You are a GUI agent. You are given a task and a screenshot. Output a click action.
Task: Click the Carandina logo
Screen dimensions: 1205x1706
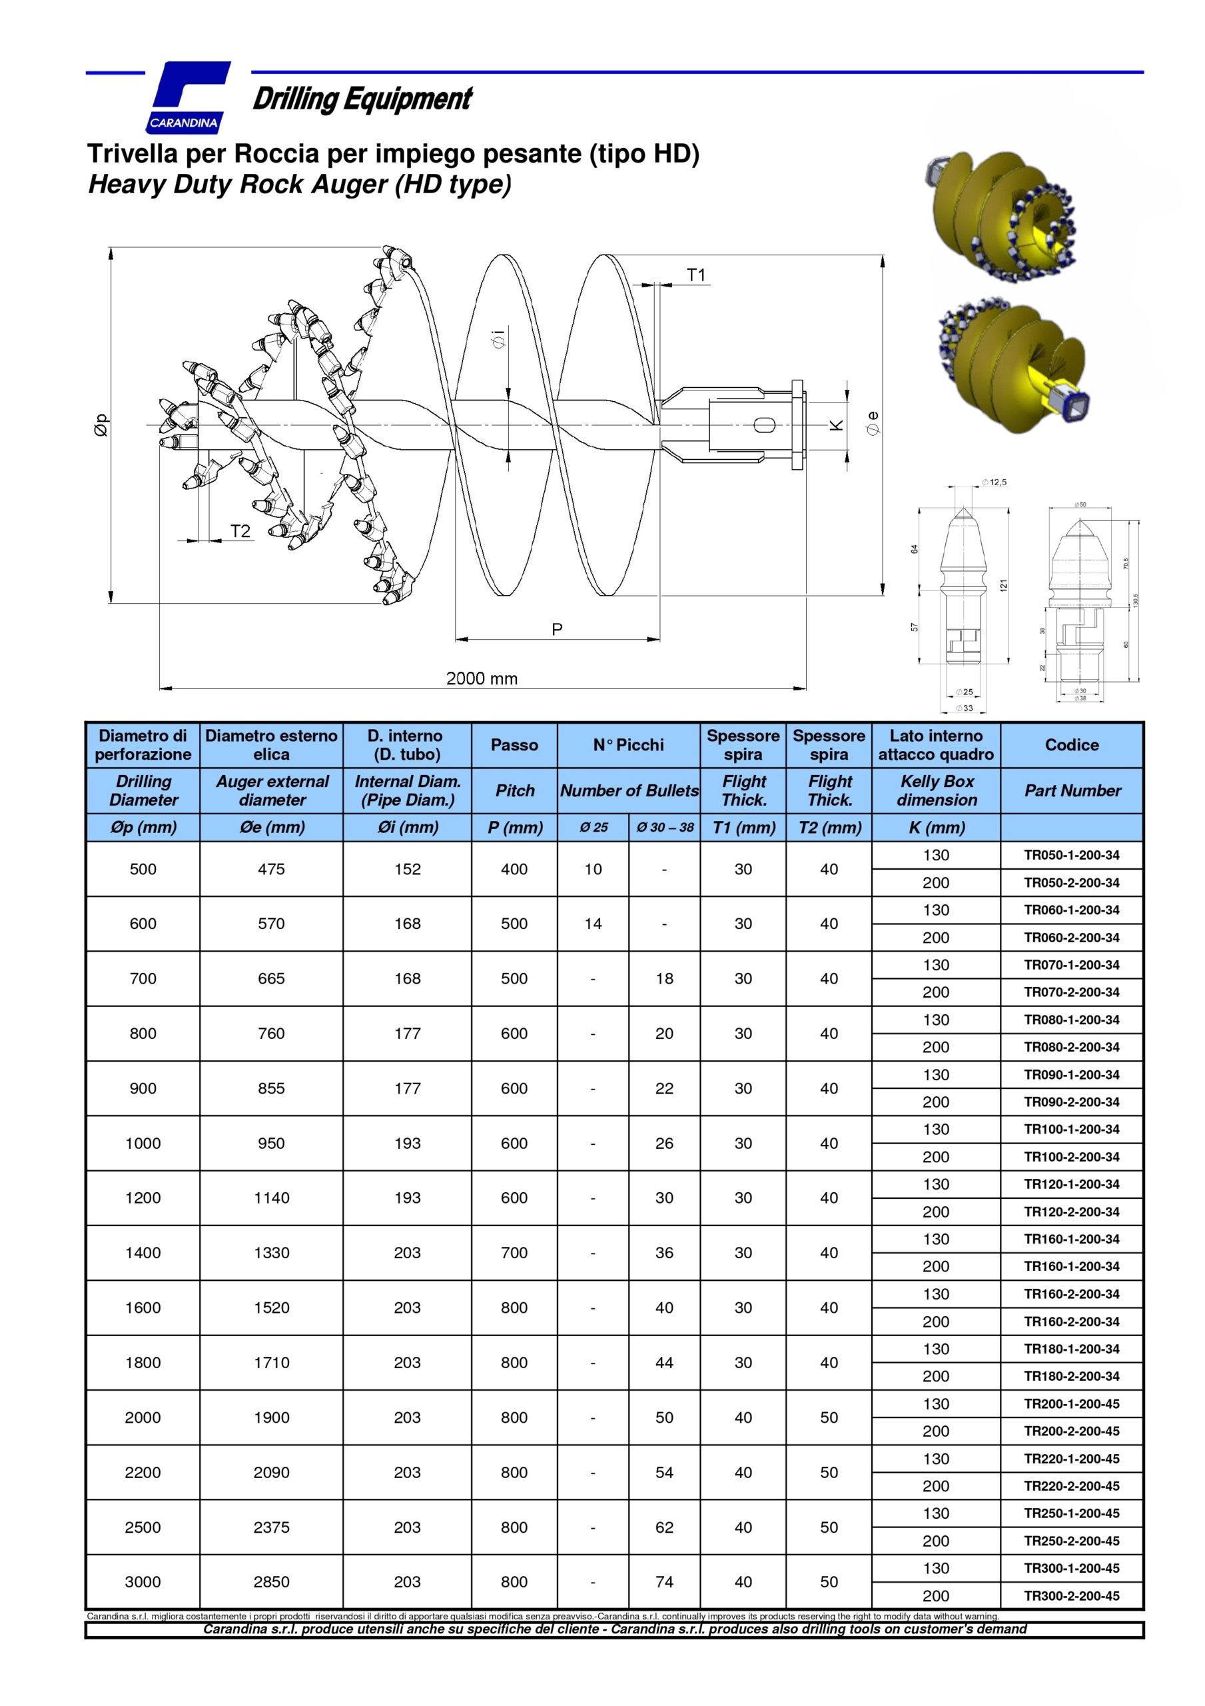189,97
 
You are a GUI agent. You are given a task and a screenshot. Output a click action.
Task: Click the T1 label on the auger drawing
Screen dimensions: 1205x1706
696,276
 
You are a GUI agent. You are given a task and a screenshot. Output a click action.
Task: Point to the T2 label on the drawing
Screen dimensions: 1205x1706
240,531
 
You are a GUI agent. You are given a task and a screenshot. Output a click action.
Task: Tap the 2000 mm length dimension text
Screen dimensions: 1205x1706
482,678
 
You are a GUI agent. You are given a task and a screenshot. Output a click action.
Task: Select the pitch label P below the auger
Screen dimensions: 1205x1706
557,629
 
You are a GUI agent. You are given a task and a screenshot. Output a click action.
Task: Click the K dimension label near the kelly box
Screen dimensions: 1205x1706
837,425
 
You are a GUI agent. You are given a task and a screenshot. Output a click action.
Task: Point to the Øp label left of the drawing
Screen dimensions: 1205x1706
102,425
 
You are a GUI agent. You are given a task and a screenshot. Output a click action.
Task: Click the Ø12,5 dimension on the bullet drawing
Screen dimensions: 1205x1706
994,482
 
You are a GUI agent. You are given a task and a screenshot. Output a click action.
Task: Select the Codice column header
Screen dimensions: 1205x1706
1071,744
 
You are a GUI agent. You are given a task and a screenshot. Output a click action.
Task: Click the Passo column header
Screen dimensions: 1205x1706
514,744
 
